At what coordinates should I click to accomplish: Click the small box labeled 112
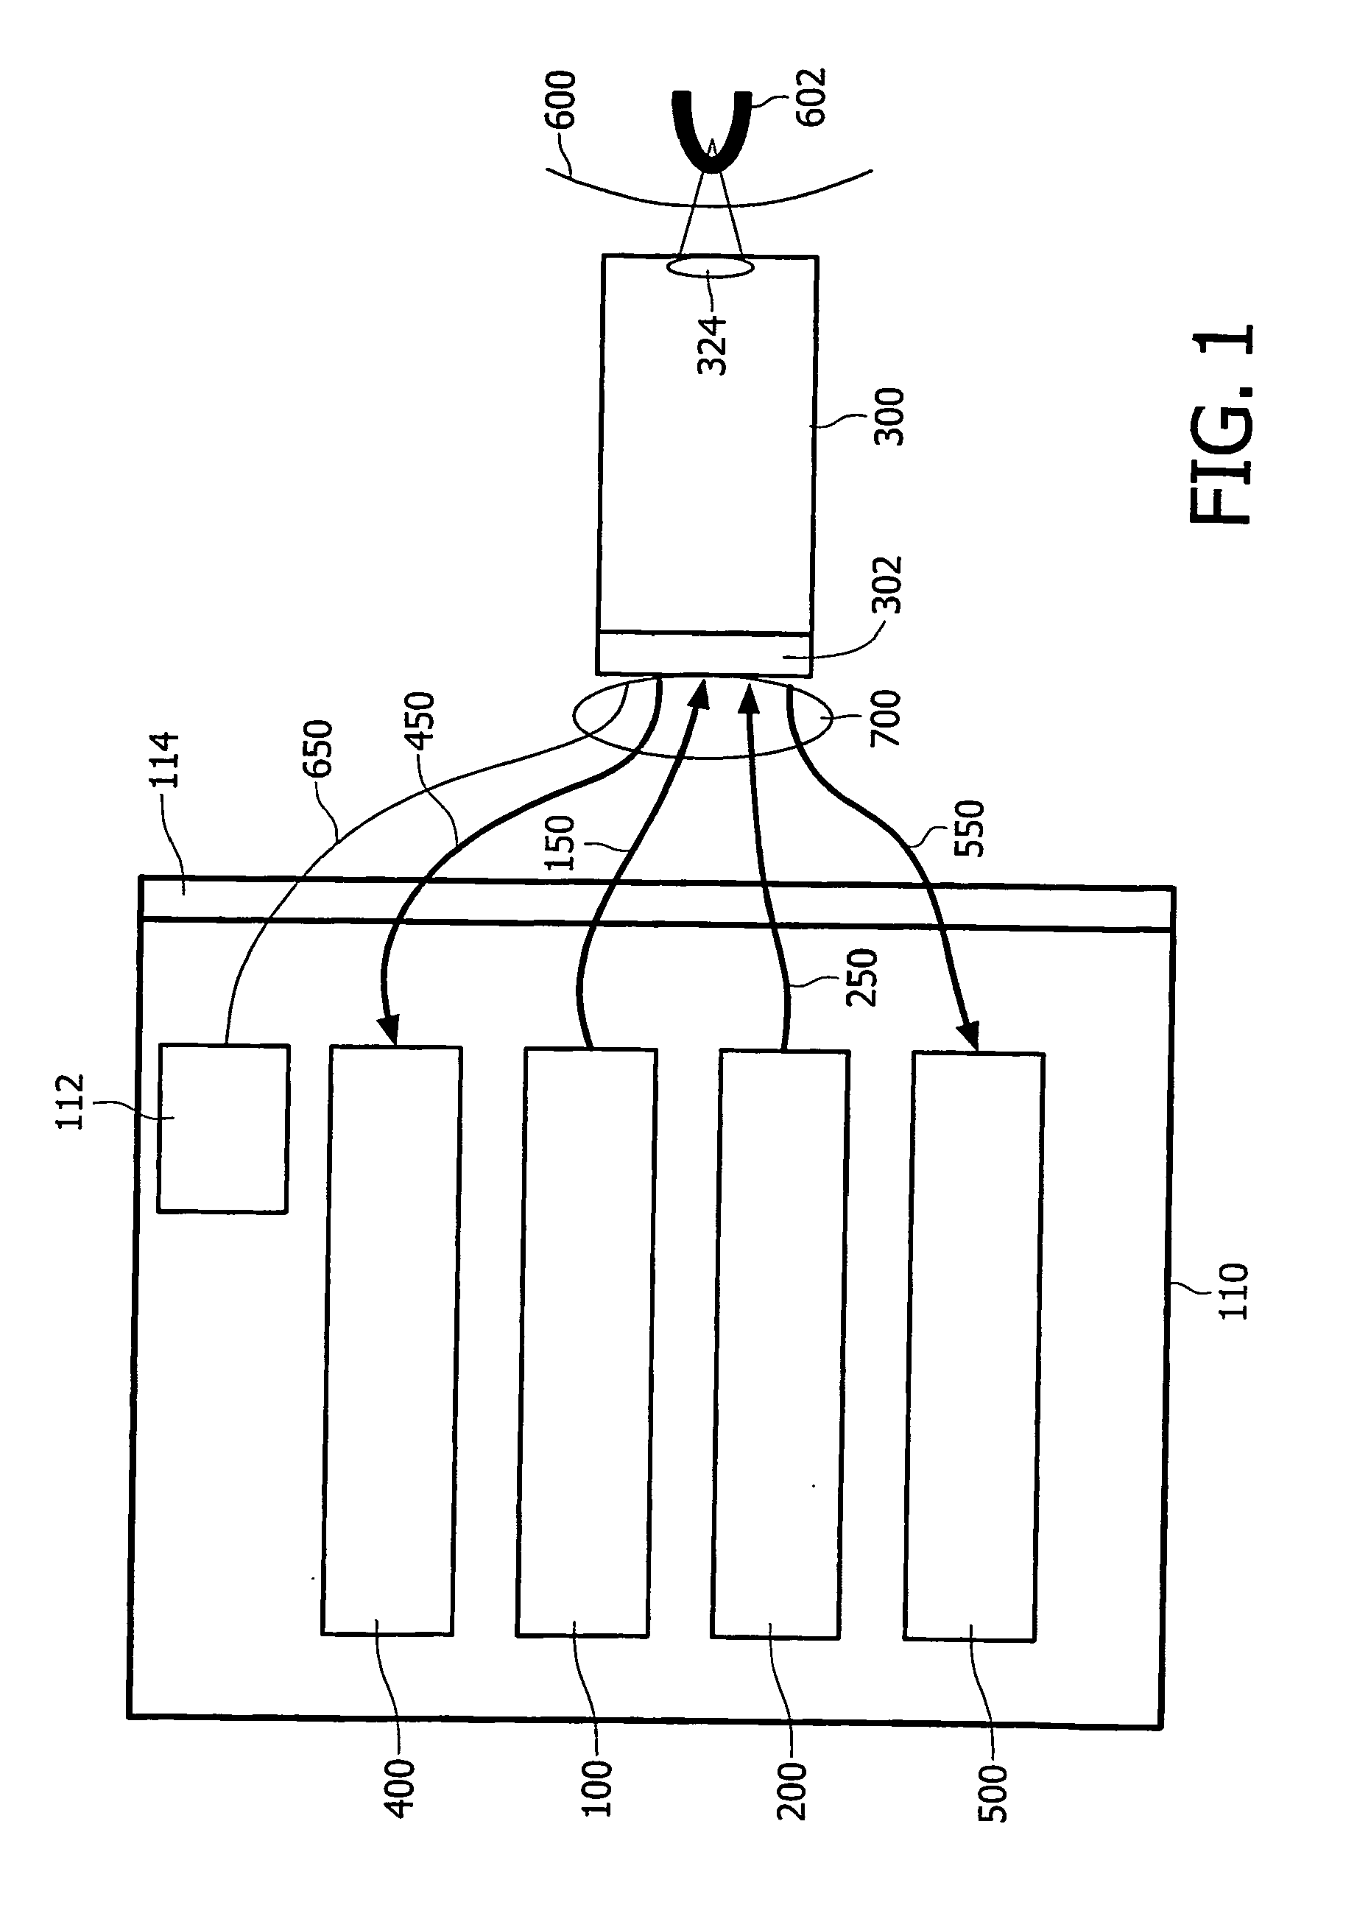223,1128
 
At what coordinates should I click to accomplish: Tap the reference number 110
1233,1291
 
